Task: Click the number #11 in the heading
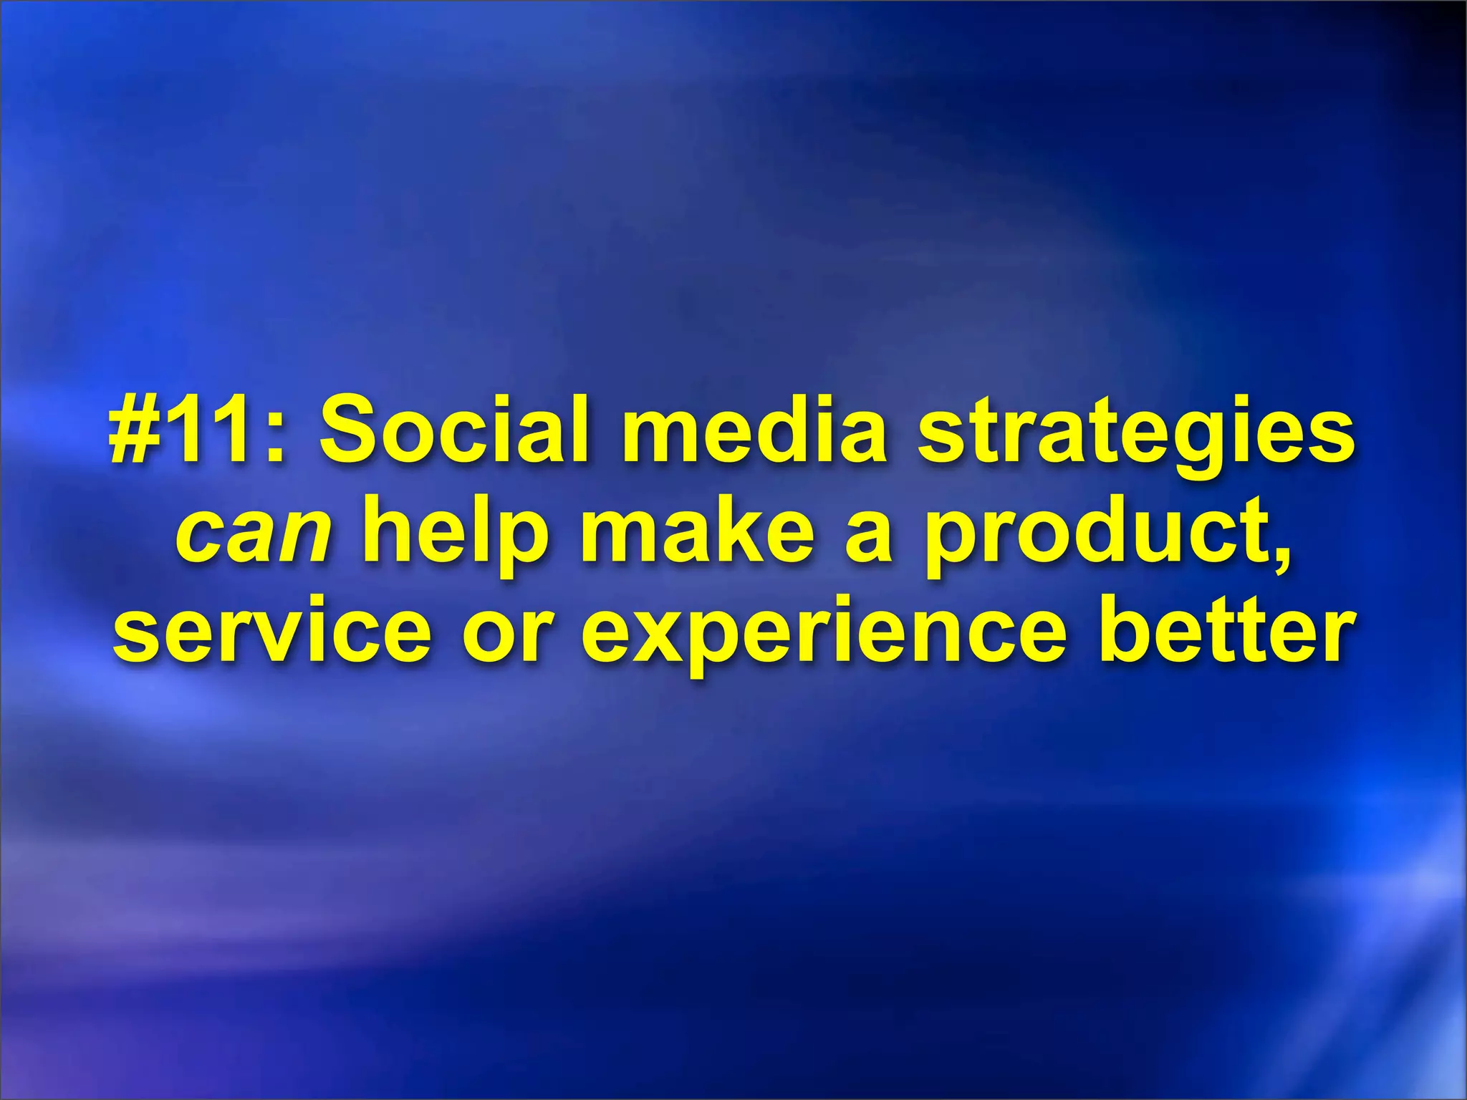(190, 432)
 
